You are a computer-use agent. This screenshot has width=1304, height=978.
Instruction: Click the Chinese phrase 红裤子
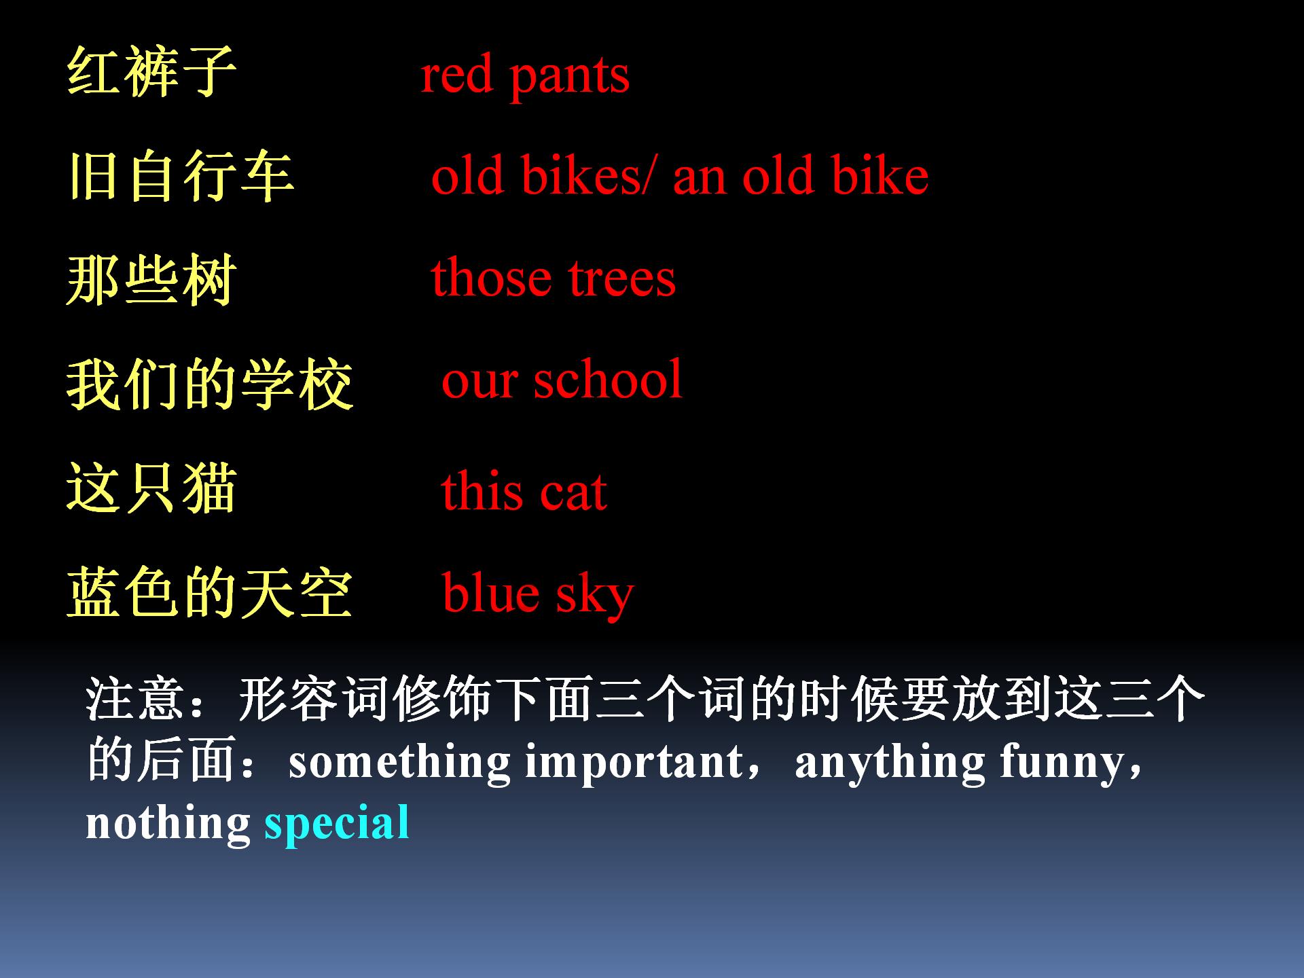click(151, 72)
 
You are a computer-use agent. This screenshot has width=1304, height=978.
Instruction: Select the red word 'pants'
click(569, 76)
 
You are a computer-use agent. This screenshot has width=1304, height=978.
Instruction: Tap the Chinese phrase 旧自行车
click(181, 176)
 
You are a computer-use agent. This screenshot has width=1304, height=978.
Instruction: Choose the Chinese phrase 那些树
click(151, 280)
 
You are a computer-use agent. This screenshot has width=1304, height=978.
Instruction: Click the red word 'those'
click(490, 278)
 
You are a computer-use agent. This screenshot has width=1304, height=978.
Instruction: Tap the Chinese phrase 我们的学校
click(210, 384)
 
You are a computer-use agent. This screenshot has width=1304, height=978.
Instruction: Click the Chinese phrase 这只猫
click(151, 488)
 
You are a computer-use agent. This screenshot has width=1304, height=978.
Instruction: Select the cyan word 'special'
click(337, 823)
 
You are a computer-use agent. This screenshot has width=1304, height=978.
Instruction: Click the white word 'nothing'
click(168, 823)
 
